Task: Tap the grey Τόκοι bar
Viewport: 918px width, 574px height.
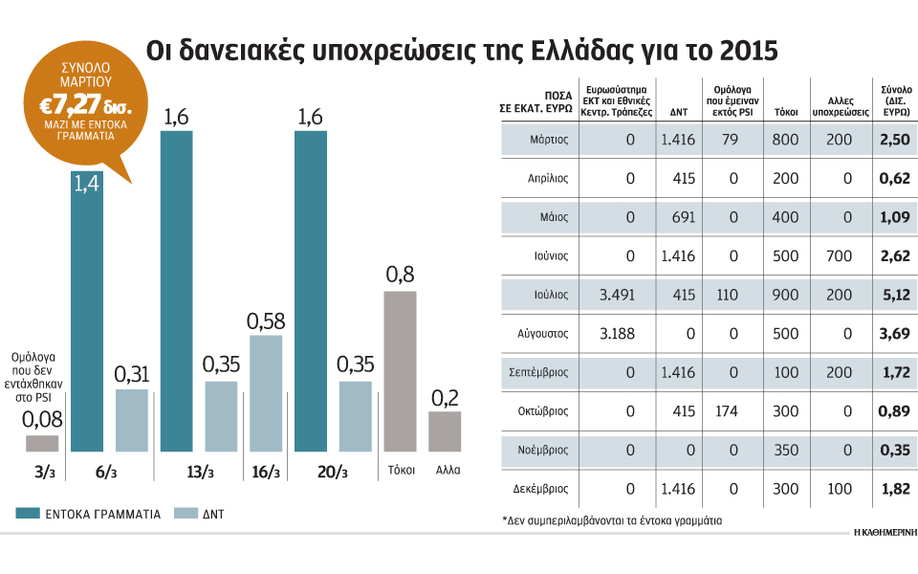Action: click(x=400, y=370)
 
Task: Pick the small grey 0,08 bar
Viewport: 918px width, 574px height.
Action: click(x=41, y=443)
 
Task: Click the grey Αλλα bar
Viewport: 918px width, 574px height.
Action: click(x=445, y=430)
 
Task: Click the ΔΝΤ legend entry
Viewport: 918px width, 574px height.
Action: click(x=209, y=514)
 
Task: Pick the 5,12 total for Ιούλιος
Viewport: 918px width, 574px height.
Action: click(x=895, y=294)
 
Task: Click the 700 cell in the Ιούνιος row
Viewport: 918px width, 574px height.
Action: click(x=839, y=255)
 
